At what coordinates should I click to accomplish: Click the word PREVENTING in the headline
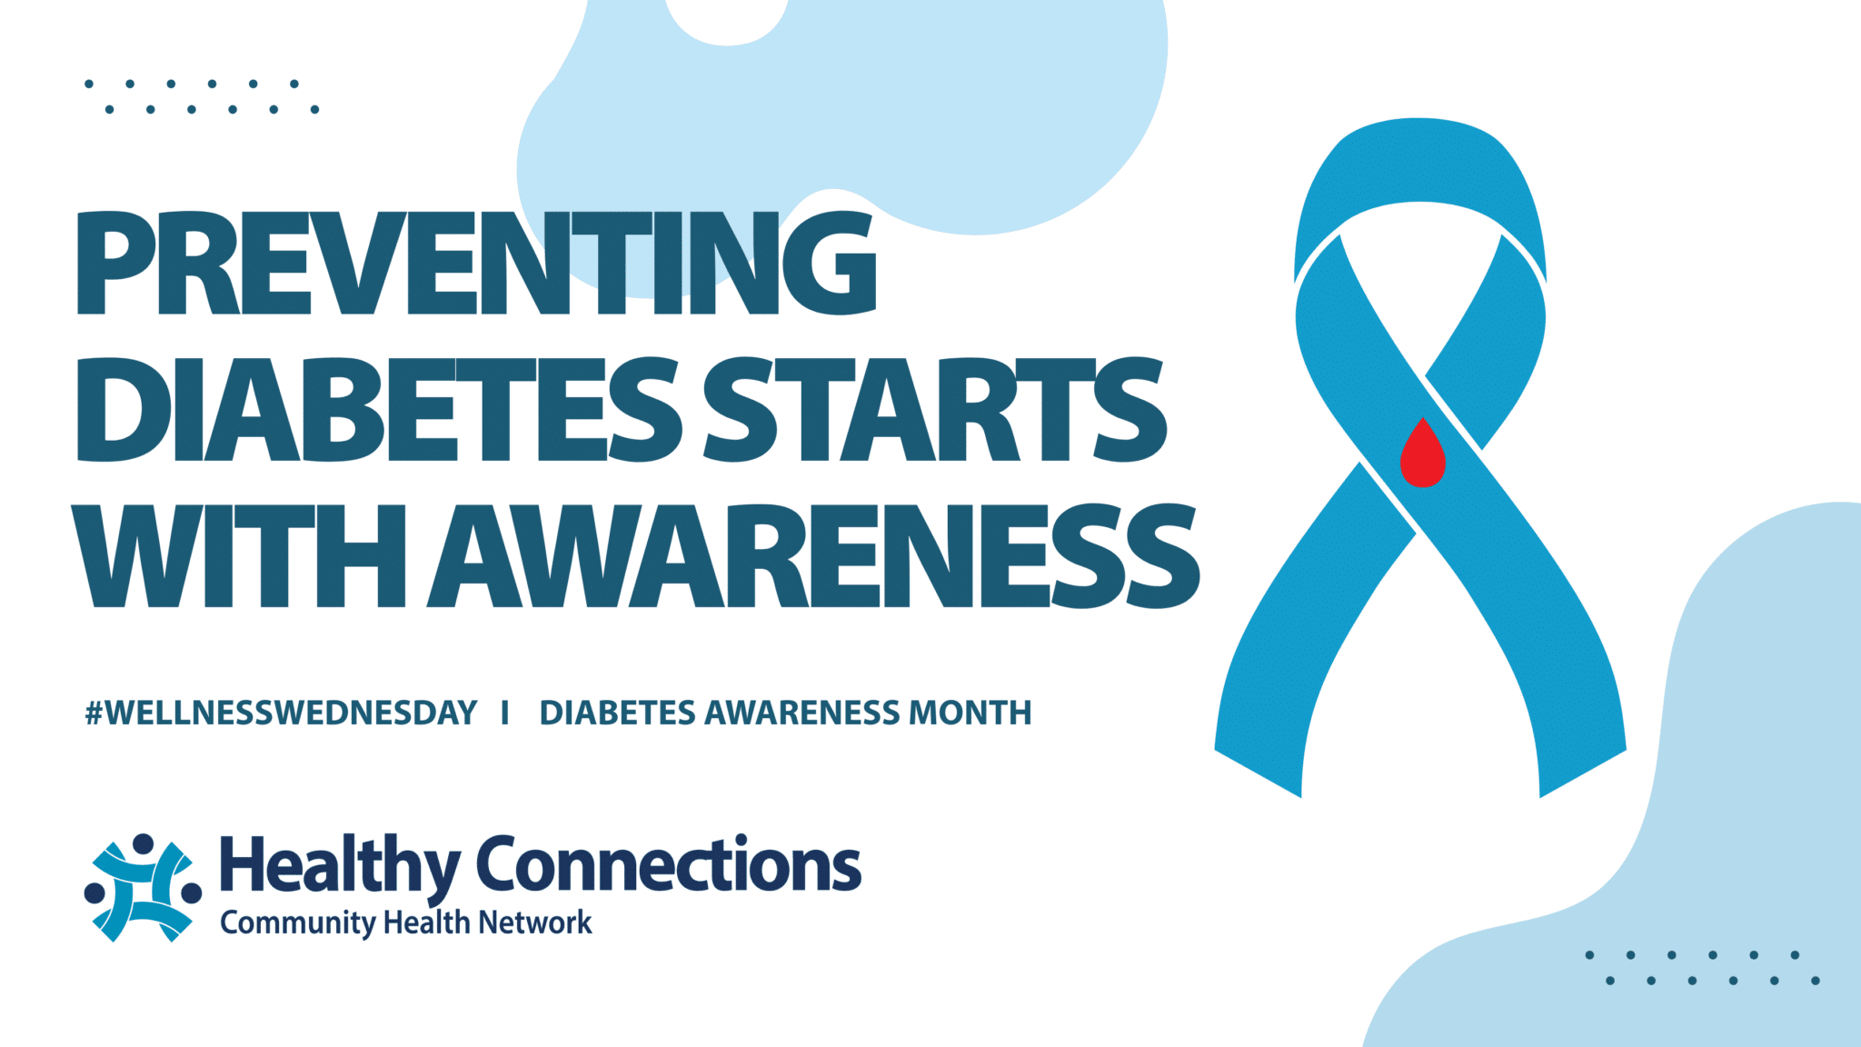coord(477,263)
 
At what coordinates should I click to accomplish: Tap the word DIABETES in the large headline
coord(378,409)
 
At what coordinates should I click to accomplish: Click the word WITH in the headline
coord(239,555)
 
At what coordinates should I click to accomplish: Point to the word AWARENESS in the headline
coord(814,555)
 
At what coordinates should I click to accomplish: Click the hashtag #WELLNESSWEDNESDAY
coord(281,713)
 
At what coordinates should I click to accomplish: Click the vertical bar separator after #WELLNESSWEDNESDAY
coord(505,713)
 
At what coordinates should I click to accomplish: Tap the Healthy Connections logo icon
coord(143,887)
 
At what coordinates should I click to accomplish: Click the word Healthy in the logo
coord(340,866)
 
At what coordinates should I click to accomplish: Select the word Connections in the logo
coord(669,863)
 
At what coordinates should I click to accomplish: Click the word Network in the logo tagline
coord(535,922)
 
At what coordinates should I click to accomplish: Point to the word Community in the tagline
coord(298,924)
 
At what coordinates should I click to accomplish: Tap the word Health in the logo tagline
coord(427,922)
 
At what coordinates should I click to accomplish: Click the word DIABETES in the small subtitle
coord(618,713)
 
